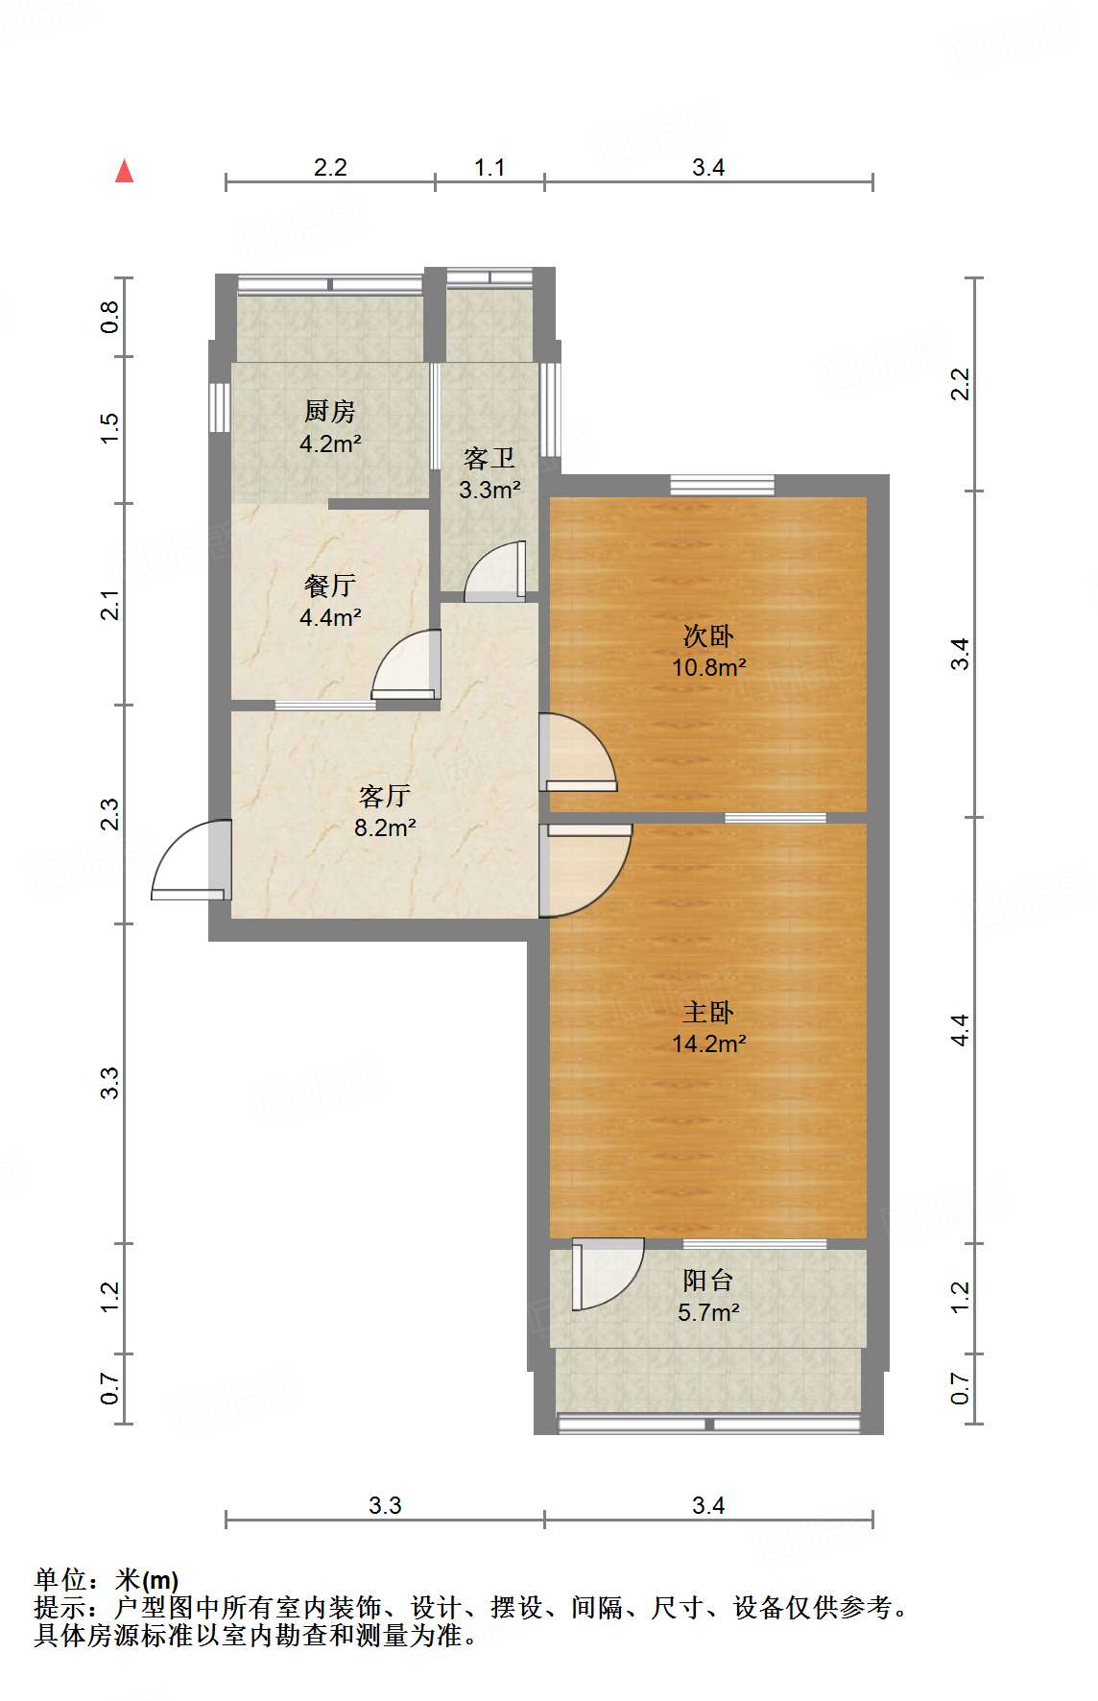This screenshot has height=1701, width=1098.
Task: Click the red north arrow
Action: coord(124,171)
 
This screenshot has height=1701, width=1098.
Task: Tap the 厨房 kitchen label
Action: coord(330,412)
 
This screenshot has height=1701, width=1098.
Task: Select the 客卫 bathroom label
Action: coord(489,458)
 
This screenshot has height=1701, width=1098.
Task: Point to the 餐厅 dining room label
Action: coord(330,586)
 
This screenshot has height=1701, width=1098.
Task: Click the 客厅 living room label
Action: coord(385,796)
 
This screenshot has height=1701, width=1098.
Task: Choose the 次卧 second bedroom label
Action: coord(708,635)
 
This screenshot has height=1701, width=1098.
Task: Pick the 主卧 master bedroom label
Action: coord(708,1012)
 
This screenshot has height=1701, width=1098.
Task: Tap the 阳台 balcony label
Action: coord(708,1281)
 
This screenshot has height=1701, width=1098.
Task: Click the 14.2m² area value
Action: coord(709,1043)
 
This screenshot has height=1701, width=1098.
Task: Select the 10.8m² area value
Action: coord(709,667)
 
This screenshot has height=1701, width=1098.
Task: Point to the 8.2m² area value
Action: coord(385,827)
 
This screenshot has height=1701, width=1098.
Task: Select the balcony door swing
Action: coord(608,1275)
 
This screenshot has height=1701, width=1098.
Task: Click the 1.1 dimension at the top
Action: coord(489,168)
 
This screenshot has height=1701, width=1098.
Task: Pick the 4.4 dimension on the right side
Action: coord(960,1030)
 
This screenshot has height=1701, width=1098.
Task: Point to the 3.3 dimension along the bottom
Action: coord(385,1505)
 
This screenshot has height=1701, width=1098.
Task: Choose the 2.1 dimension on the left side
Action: coord(110,605)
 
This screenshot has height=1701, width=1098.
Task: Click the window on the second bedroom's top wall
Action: coord(722,486)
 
